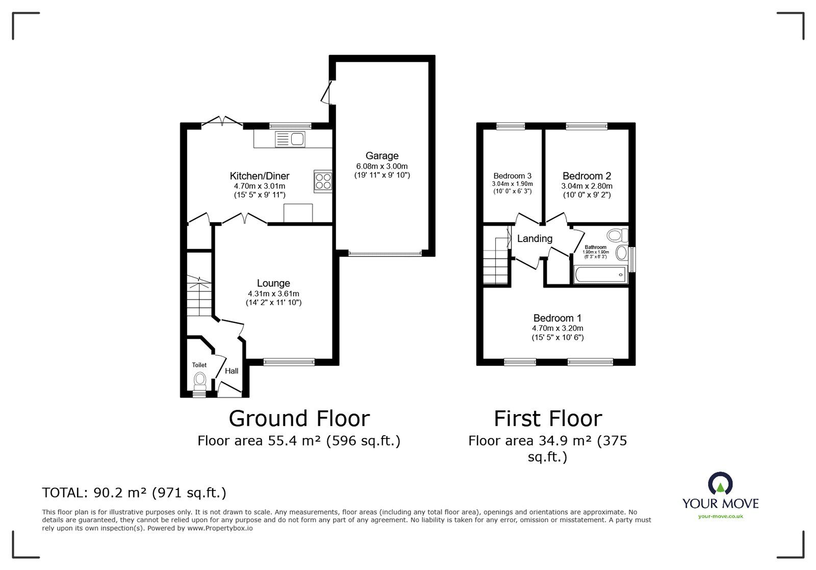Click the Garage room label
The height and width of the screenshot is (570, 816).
point(382,156)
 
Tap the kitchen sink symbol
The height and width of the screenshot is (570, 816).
point(290,140)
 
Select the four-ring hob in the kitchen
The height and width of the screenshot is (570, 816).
point(323,181)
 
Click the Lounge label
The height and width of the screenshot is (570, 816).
point(273,283)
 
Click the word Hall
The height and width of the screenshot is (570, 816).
point(232,371)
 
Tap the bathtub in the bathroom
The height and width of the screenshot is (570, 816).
point(600,275)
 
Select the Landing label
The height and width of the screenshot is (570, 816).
point(535,238)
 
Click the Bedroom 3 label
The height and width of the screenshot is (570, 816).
point(512,176)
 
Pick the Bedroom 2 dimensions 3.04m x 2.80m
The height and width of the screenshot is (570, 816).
point(586,186)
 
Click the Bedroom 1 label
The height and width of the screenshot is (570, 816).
point(557,318)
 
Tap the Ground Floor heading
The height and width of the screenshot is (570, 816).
point(299,419)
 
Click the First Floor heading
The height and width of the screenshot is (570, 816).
point(548,419)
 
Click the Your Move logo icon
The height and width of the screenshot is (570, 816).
point(720,483)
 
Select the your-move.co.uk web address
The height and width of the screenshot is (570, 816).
point(721,516)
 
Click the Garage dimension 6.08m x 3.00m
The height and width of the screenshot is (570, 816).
point(382,166)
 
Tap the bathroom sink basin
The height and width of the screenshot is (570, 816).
point(622,253)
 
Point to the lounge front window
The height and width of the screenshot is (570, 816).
point(289,362)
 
